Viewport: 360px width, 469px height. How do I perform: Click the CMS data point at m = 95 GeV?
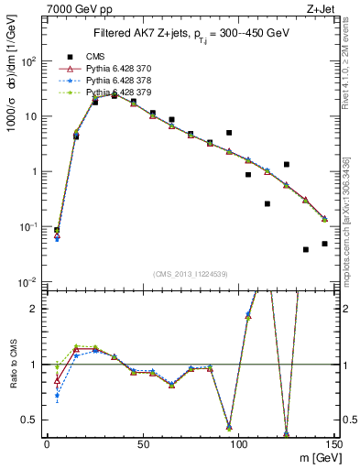(x=229, y=133)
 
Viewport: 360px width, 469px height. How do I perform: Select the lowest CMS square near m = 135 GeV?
(x=306, y=249)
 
